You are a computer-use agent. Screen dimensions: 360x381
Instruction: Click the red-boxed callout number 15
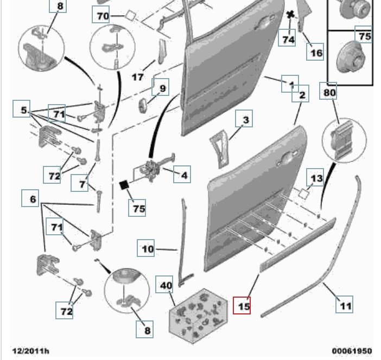point(242,305)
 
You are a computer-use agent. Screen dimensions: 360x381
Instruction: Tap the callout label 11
point(345,305)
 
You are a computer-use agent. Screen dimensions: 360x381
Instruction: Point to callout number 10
point(148,249)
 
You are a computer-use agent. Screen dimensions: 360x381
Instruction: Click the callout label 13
point(316,177)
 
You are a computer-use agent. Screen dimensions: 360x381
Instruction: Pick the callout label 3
point(245,119)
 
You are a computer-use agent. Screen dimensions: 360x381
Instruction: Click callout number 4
point(184,175)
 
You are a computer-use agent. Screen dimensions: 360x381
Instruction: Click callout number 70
point(103,16)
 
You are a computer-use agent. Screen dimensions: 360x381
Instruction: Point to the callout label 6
point(32,199)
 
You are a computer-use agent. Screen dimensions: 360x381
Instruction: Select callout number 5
point(24,111)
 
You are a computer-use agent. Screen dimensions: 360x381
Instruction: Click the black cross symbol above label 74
point(291,15)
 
